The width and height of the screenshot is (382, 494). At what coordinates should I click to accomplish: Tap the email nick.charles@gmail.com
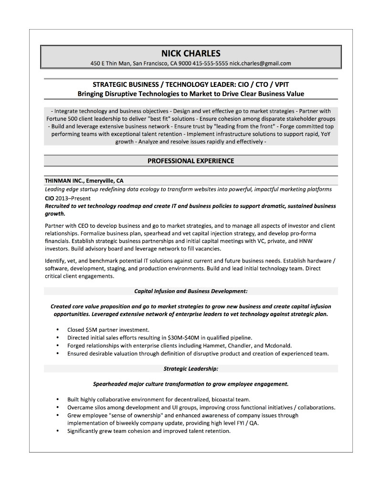click(260, 63)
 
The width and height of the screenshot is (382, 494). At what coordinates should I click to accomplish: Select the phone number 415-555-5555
click(210, 63)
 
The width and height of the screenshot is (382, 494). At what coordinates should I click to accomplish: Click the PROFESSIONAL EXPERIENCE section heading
click(191, 161)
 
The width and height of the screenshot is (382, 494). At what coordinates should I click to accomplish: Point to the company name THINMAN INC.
click(64, 181)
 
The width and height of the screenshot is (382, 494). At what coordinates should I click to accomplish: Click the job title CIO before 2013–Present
click(49, 198)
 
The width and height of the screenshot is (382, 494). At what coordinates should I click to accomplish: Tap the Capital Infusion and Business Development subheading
click(191, 291)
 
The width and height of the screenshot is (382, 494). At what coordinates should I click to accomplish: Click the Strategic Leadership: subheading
click(191, 368)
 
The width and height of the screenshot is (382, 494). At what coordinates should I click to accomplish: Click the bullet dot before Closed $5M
click(57, 329)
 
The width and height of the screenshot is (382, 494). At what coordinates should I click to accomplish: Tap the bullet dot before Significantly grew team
click(57, 431)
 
